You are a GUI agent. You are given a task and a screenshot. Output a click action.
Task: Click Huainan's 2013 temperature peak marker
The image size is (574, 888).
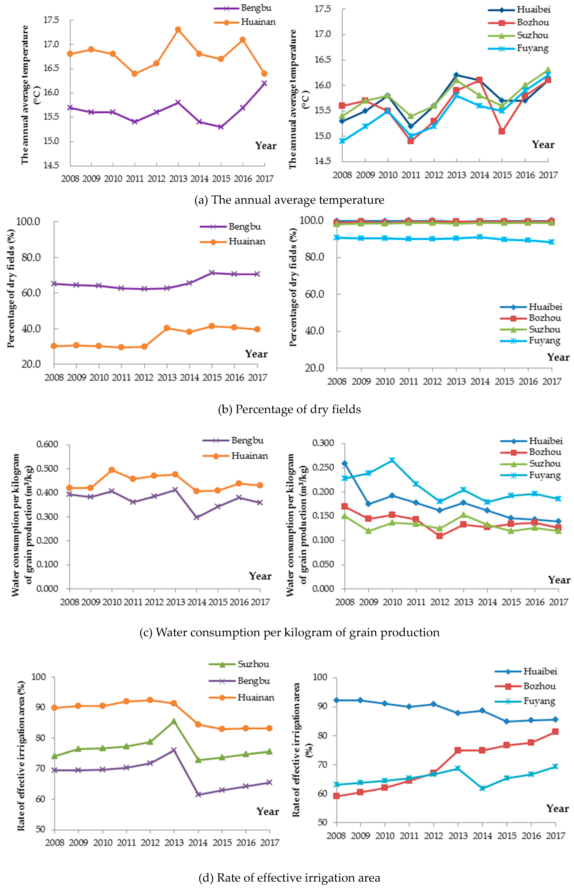[178, 30]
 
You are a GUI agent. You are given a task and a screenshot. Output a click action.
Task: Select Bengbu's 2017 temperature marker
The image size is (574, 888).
[264, 83]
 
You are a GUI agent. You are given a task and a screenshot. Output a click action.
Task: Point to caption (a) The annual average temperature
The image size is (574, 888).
[289, 200]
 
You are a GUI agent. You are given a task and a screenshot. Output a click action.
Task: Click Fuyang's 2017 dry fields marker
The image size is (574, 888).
[552, 242]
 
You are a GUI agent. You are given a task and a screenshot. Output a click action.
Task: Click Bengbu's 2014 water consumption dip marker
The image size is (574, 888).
[196, 517]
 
